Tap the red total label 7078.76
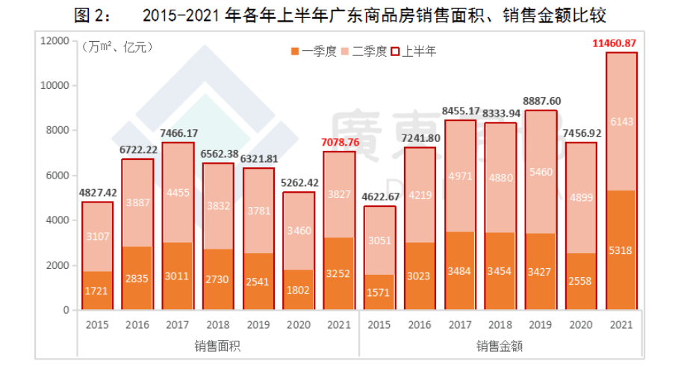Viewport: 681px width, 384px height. coord(340,142)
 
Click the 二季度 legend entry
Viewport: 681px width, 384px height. coord(365,52)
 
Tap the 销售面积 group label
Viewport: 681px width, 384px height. coord(218,346)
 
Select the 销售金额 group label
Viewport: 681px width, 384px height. coord(500,346)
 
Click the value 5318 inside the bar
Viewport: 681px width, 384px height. coord(621,250)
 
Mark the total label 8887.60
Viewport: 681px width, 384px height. coord(540,101)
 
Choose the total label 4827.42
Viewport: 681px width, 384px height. coord(98,193)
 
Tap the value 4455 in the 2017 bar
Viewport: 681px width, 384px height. coord(178,192)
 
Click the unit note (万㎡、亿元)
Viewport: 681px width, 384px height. coord(117,48)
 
